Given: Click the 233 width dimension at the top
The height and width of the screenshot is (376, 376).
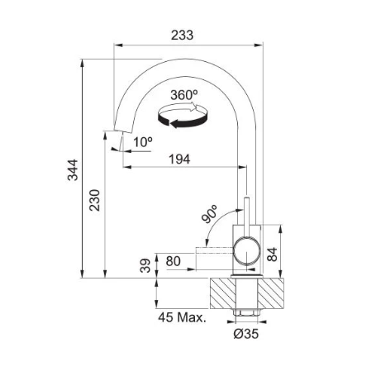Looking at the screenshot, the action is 182,36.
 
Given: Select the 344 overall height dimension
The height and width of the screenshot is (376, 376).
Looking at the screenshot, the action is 73,169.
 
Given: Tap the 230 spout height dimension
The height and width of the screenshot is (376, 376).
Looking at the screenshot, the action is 94,200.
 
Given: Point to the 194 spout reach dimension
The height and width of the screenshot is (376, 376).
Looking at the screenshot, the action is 179,159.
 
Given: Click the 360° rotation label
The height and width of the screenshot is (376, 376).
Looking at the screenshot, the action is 184,95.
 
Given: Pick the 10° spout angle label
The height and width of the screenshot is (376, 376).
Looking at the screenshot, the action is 143,142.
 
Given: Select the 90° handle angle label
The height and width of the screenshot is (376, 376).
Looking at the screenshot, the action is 209,214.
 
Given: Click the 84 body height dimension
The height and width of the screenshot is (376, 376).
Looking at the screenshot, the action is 272,255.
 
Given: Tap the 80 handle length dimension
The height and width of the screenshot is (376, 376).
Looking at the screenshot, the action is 174,261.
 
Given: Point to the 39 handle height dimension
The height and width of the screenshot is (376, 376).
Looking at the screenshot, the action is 145,265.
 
